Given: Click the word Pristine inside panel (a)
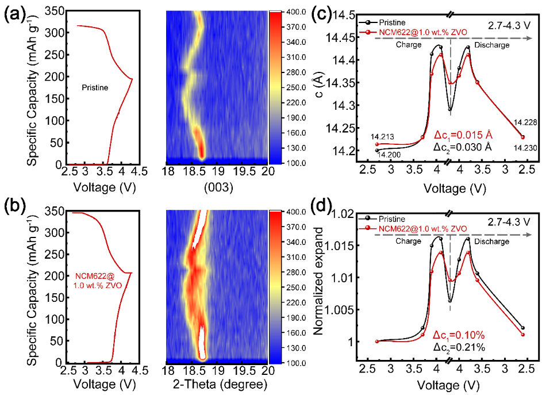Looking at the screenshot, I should point(95,87).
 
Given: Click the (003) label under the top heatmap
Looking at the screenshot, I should point(217,187).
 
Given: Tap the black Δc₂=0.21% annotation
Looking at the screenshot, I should point(459,348).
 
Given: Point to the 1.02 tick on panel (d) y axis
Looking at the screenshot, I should point(343,214).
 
